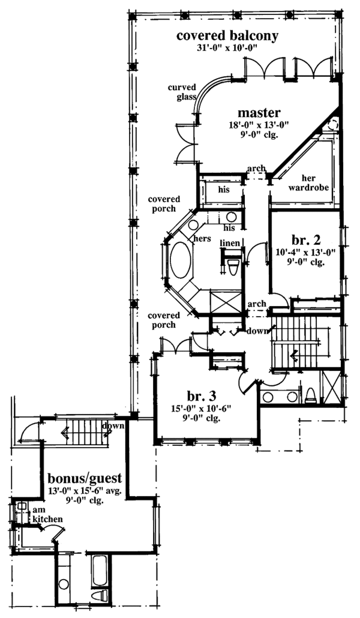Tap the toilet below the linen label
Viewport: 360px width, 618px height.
[235, 264]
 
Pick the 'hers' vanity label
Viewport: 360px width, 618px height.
[200, 238]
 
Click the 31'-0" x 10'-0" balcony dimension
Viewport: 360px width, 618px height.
[227, 49]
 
